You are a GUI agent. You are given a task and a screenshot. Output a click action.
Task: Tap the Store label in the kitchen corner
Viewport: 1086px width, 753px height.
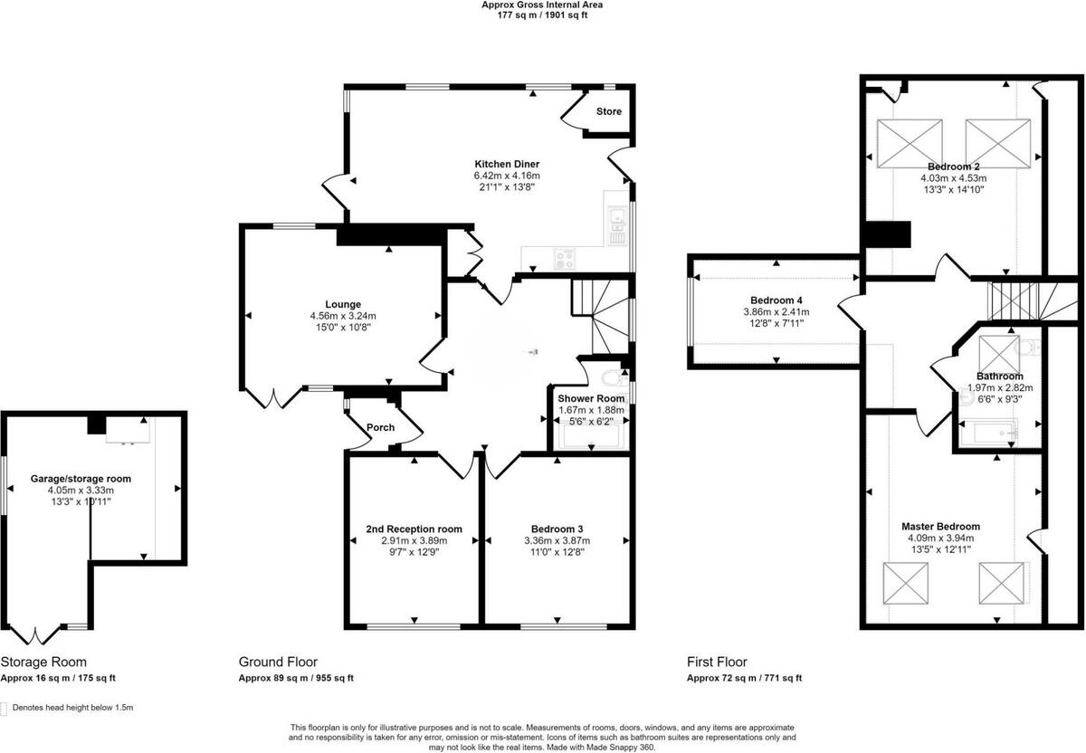[x=608, y=112]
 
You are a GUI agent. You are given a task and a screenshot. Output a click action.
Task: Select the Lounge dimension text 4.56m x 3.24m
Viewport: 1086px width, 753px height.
[x=343, y=316]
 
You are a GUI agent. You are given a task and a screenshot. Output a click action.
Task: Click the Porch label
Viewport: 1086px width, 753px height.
[x=380, y=428]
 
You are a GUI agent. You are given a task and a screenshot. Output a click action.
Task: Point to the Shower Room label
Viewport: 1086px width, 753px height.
[x=590, y=398]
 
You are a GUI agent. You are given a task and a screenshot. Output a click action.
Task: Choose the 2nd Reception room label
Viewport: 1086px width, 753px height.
[x=414, y=529]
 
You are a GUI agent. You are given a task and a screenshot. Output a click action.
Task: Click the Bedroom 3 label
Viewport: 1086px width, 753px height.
[x=557, y=529]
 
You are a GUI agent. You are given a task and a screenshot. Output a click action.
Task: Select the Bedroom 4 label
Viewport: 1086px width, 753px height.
[x=776, y=300]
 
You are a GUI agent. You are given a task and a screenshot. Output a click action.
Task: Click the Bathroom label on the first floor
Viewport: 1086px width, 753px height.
[x=999, y=376]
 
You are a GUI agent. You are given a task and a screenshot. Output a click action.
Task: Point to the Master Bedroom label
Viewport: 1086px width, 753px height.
[x=940, y=527]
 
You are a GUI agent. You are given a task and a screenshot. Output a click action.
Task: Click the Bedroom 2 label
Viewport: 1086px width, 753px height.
[x=953, y=167]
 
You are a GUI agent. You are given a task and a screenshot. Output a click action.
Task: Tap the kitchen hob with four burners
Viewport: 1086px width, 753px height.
[x=566, y=259]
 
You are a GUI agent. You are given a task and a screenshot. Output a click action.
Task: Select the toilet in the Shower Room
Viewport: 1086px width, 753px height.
[x=612, y=377]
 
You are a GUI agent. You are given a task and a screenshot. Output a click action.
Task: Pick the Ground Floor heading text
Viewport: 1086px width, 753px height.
[x=278, y=662]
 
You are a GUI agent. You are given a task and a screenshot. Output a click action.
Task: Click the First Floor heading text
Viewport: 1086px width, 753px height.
[x=717, y=662]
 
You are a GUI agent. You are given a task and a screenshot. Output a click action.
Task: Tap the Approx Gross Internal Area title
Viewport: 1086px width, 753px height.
[x=541, y=5]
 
